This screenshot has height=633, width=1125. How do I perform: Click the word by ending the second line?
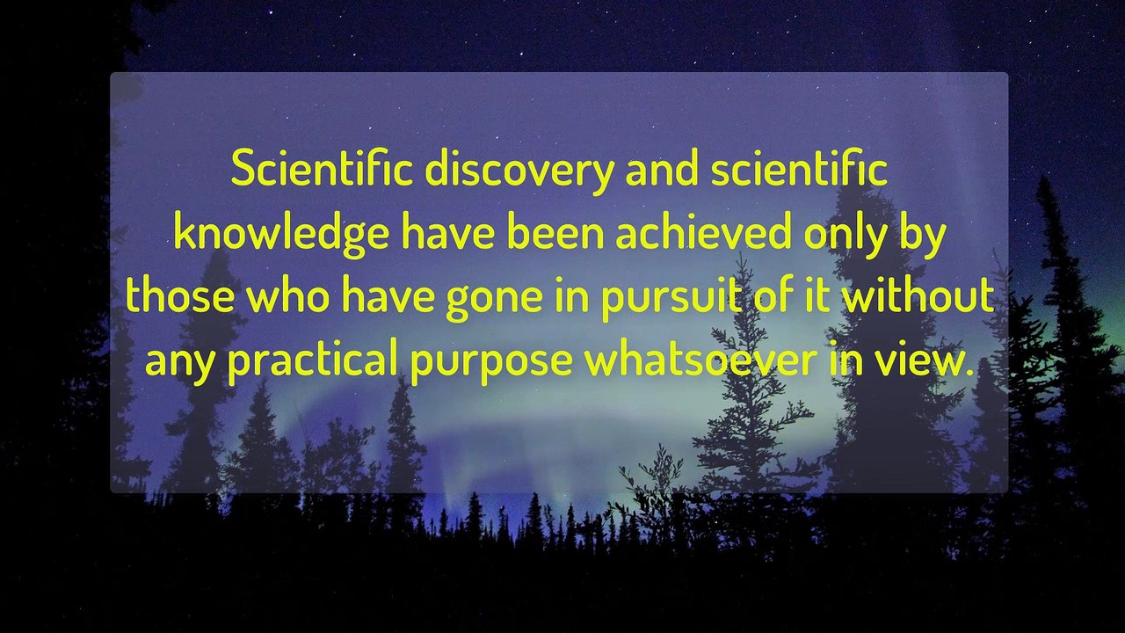coord(924,236)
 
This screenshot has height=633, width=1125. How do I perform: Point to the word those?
coord(180,297)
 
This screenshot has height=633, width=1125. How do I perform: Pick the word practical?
coord(313,360)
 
